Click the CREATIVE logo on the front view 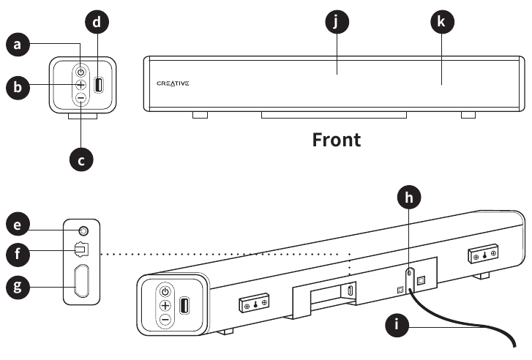tap(173, 83)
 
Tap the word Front tap(336, 139)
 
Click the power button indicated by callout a tap(80, 72)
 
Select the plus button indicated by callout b tap(80, 85)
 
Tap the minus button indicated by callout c tap(80, 98)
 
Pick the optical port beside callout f tap(81, 250)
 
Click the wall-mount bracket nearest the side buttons tap(254, 301)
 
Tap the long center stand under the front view tap(333, 116)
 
